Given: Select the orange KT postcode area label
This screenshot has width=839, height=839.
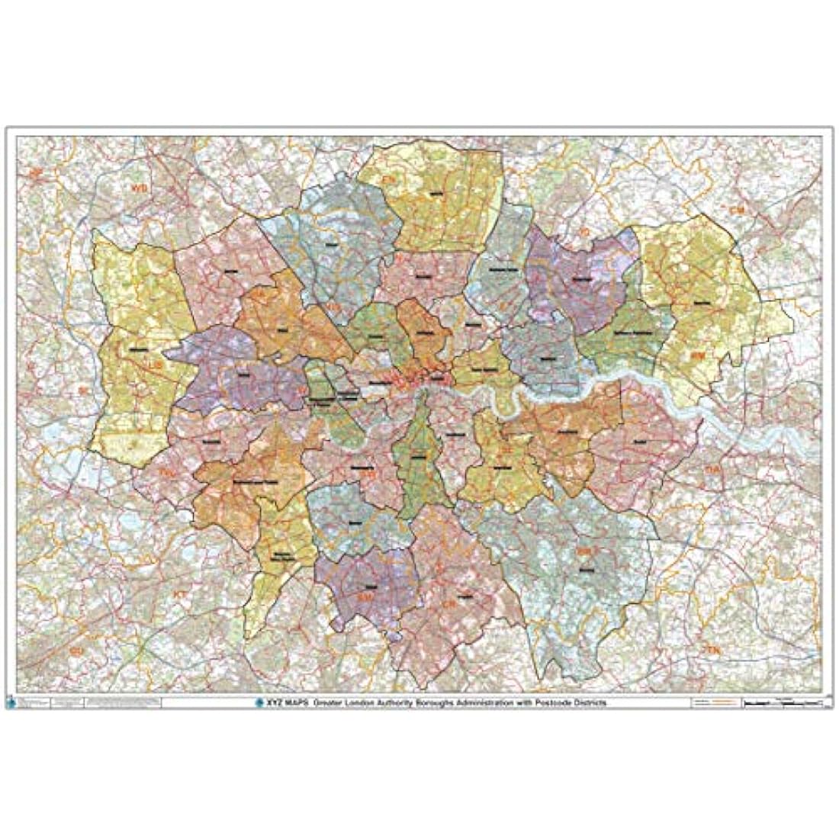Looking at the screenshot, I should pos(180,593).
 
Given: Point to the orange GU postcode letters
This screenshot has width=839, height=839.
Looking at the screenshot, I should pos(75,651).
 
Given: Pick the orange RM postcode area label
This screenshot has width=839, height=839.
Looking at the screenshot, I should pos(696,355).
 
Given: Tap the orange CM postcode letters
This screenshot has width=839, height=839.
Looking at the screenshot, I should pos(736,209).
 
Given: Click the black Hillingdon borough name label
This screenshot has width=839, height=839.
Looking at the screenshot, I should pos(138,349).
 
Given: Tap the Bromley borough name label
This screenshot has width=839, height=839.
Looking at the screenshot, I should pos(585,568).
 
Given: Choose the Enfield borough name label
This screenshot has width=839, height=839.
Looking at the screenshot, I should pos(436,194).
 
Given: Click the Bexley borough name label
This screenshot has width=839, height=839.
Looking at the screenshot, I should pos(639,442).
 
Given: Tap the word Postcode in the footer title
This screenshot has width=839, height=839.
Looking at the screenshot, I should pos(561,702).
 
